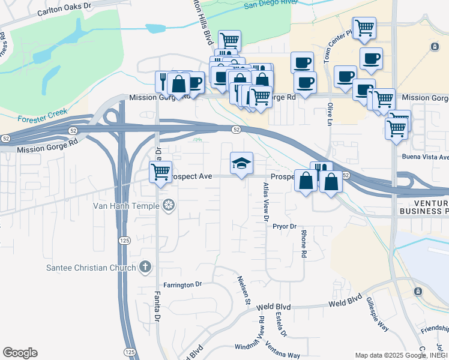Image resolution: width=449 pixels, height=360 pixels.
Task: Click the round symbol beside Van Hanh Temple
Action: pos(169,206)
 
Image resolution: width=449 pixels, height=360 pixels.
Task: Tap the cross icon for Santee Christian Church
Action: pos(145,267)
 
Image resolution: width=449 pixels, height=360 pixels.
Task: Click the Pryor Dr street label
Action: pos(285,226)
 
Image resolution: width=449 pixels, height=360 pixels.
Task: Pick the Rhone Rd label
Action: pos(304,244)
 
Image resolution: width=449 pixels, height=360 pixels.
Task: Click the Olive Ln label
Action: pos(330,113)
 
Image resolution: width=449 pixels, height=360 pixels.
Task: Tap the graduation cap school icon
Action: pos(241,163)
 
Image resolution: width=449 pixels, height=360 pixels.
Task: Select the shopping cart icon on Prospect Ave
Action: pos(160,172)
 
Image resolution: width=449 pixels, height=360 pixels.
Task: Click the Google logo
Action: pos(20,353)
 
